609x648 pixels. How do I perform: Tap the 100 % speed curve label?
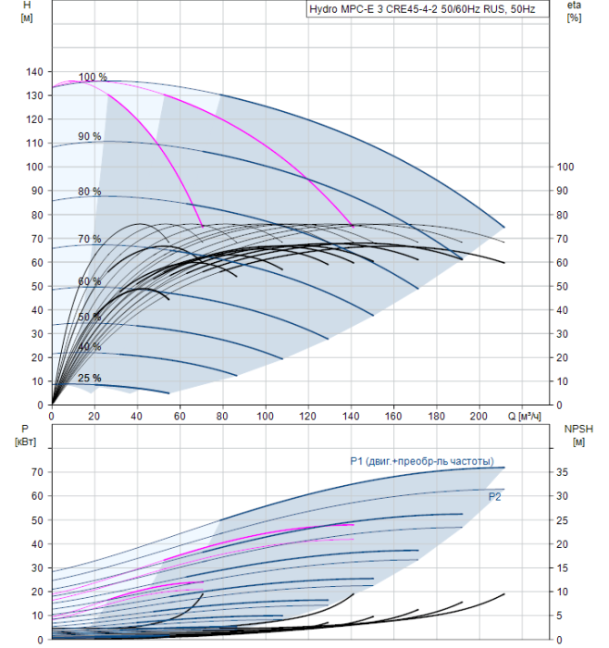pos(93,77)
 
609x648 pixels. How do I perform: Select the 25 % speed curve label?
pos(90,378)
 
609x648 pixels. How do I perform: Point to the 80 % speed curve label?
pos(90,192)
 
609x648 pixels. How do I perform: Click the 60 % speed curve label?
pos(90,281)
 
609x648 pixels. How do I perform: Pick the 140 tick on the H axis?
pos(35,71)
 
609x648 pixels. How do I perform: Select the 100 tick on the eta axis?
pos(565,167)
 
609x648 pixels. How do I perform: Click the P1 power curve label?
pos(421,461)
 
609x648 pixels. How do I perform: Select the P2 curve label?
pos(495,497)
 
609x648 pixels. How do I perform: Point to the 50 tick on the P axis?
pos(38,520)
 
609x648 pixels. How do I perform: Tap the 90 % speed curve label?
pos(90,136)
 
